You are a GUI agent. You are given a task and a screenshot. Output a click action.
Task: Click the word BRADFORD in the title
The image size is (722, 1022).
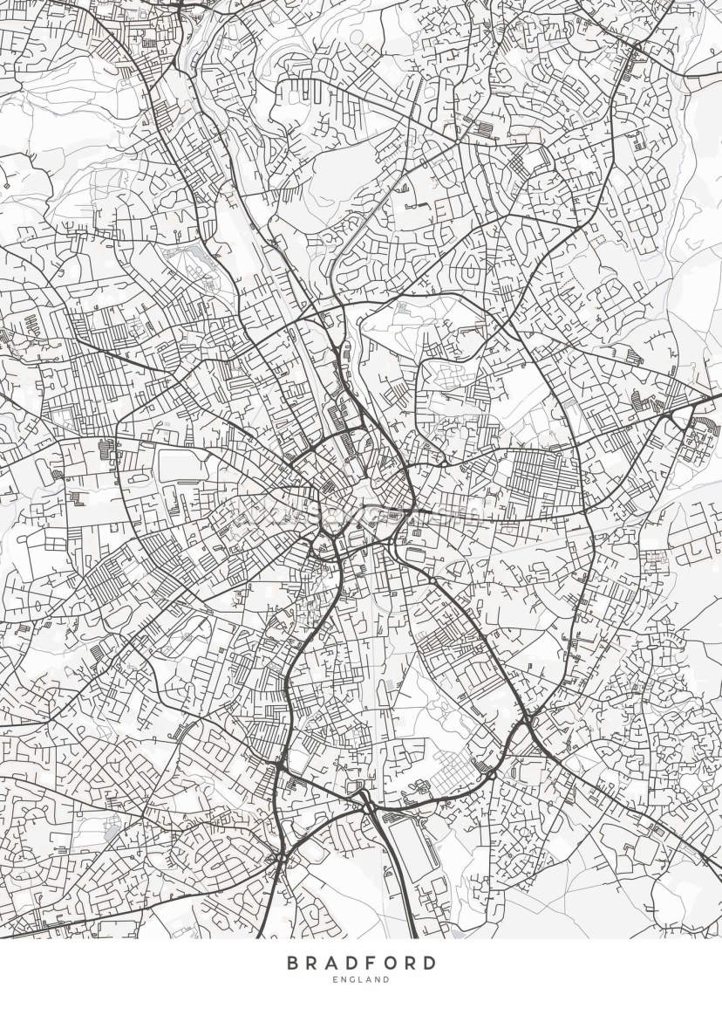coord(361,964)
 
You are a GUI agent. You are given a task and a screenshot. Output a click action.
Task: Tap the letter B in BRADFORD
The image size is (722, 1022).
coord(294,964)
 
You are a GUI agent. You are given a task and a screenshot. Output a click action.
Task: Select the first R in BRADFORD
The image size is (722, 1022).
coord(314,964)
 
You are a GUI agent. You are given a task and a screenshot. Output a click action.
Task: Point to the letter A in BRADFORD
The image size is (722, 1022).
coord(333,964)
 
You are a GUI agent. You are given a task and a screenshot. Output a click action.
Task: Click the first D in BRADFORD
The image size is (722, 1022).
coord(352,964)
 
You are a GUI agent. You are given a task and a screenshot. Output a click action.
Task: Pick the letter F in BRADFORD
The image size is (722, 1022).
coord(371,964)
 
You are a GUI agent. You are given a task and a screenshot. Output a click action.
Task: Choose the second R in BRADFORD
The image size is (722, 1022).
coord(409,964)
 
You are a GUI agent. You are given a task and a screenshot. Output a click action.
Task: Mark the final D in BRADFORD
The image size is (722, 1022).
coord(428,964)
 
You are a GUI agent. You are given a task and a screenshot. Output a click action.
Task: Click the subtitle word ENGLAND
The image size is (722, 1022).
coord(361,980)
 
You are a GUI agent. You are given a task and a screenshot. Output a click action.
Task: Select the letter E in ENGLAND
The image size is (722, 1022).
coord(335,980)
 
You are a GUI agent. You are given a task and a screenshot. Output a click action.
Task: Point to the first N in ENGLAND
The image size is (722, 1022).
coord(344,980)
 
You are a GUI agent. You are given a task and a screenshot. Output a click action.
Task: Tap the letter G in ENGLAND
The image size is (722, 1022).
coord(352,980)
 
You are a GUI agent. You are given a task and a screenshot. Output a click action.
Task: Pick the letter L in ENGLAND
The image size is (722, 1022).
coord(361,980)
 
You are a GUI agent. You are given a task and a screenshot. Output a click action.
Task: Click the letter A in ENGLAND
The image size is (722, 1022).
coord(369,980)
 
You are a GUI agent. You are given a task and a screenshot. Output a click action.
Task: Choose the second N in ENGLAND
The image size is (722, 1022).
coord(378,980)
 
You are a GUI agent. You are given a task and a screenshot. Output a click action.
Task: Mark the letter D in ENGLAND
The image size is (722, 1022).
coord(387,980)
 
